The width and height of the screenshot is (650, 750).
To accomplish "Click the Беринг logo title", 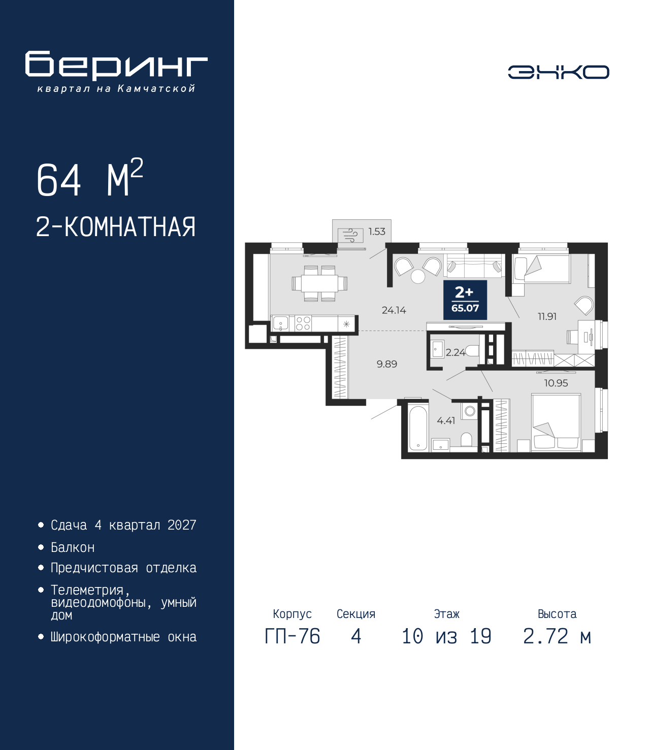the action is [116, 66].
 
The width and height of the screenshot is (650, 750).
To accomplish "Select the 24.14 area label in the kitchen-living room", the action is [394, 310].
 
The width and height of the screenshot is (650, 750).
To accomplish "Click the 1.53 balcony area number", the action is [377, 232].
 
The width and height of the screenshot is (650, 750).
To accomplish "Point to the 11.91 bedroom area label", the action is [547, 316].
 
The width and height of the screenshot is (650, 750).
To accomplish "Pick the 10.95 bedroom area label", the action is [556, 383].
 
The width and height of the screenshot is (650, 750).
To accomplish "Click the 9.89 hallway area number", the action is [387, 364].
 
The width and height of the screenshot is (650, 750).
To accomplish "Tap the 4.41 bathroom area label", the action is [446, 421].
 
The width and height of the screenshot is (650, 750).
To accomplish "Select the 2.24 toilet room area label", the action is [455, 352].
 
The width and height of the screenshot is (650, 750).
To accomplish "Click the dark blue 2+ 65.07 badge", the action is [465, 300].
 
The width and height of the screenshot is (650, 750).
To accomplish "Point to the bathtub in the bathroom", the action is [418, 427].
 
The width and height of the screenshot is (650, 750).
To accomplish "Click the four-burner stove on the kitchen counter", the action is [303, 323].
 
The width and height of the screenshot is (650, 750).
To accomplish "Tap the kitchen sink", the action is [280, 323].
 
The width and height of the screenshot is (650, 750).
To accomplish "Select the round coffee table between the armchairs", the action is [418, 276].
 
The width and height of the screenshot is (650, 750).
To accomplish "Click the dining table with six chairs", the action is [319, 283].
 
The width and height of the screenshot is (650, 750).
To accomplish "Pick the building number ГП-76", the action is [292, 646].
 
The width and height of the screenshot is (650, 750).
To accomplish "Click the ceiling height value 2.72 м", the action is [557, 646].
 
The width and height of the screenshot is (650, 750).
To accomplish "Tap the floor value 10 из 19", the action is [446, 646].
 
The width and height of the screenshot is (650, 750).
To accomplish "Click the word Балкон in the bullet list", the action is [73, 547].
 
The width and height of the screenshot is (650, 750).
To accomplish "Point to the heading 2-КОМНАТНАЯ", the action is [116, 227].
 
